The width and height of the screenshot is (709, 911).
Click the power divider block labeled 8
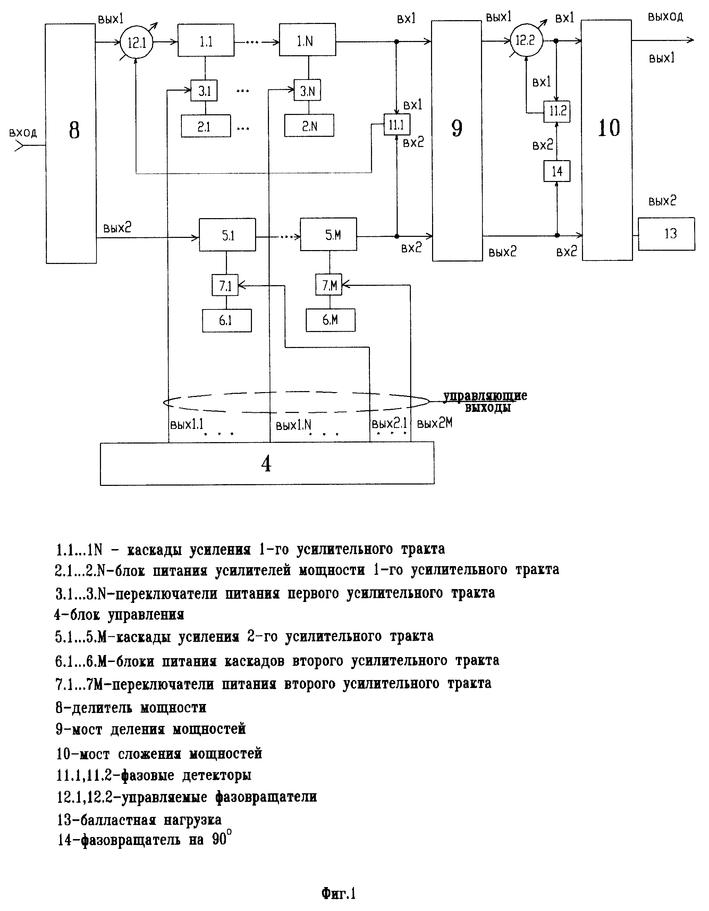pos(71,143)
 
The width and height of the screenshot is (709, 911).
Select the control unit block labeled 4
pos(267,463)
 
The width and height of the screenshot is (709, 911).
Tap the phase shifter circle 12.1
pos(136,42)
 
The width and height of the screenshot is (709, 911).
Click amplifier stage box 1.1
pos(206,40)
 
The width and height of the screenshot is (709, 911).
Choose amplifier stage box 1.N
pos(307,40)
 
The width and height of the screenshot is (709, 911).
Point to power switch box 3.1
pos(204,91)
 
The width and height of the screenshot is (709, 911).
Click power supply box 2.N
pos(309,126)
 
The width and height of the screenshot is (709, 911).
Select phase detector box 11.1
pos(397,124)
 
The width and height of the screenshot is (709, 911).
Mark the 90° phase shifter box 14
pos(557,171)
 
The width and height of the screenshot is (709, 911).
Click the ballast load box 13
pos(666,234)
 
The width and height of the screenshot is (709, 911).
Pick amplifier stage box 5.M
pos(328,234)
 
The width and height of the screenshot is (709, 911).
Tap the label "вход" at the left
pos(23,133)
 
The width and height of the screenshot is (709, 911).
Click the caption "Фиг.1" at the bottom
pos(338,894)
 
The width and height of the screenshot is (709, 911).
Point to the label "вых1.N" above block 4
pos(294,425)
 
